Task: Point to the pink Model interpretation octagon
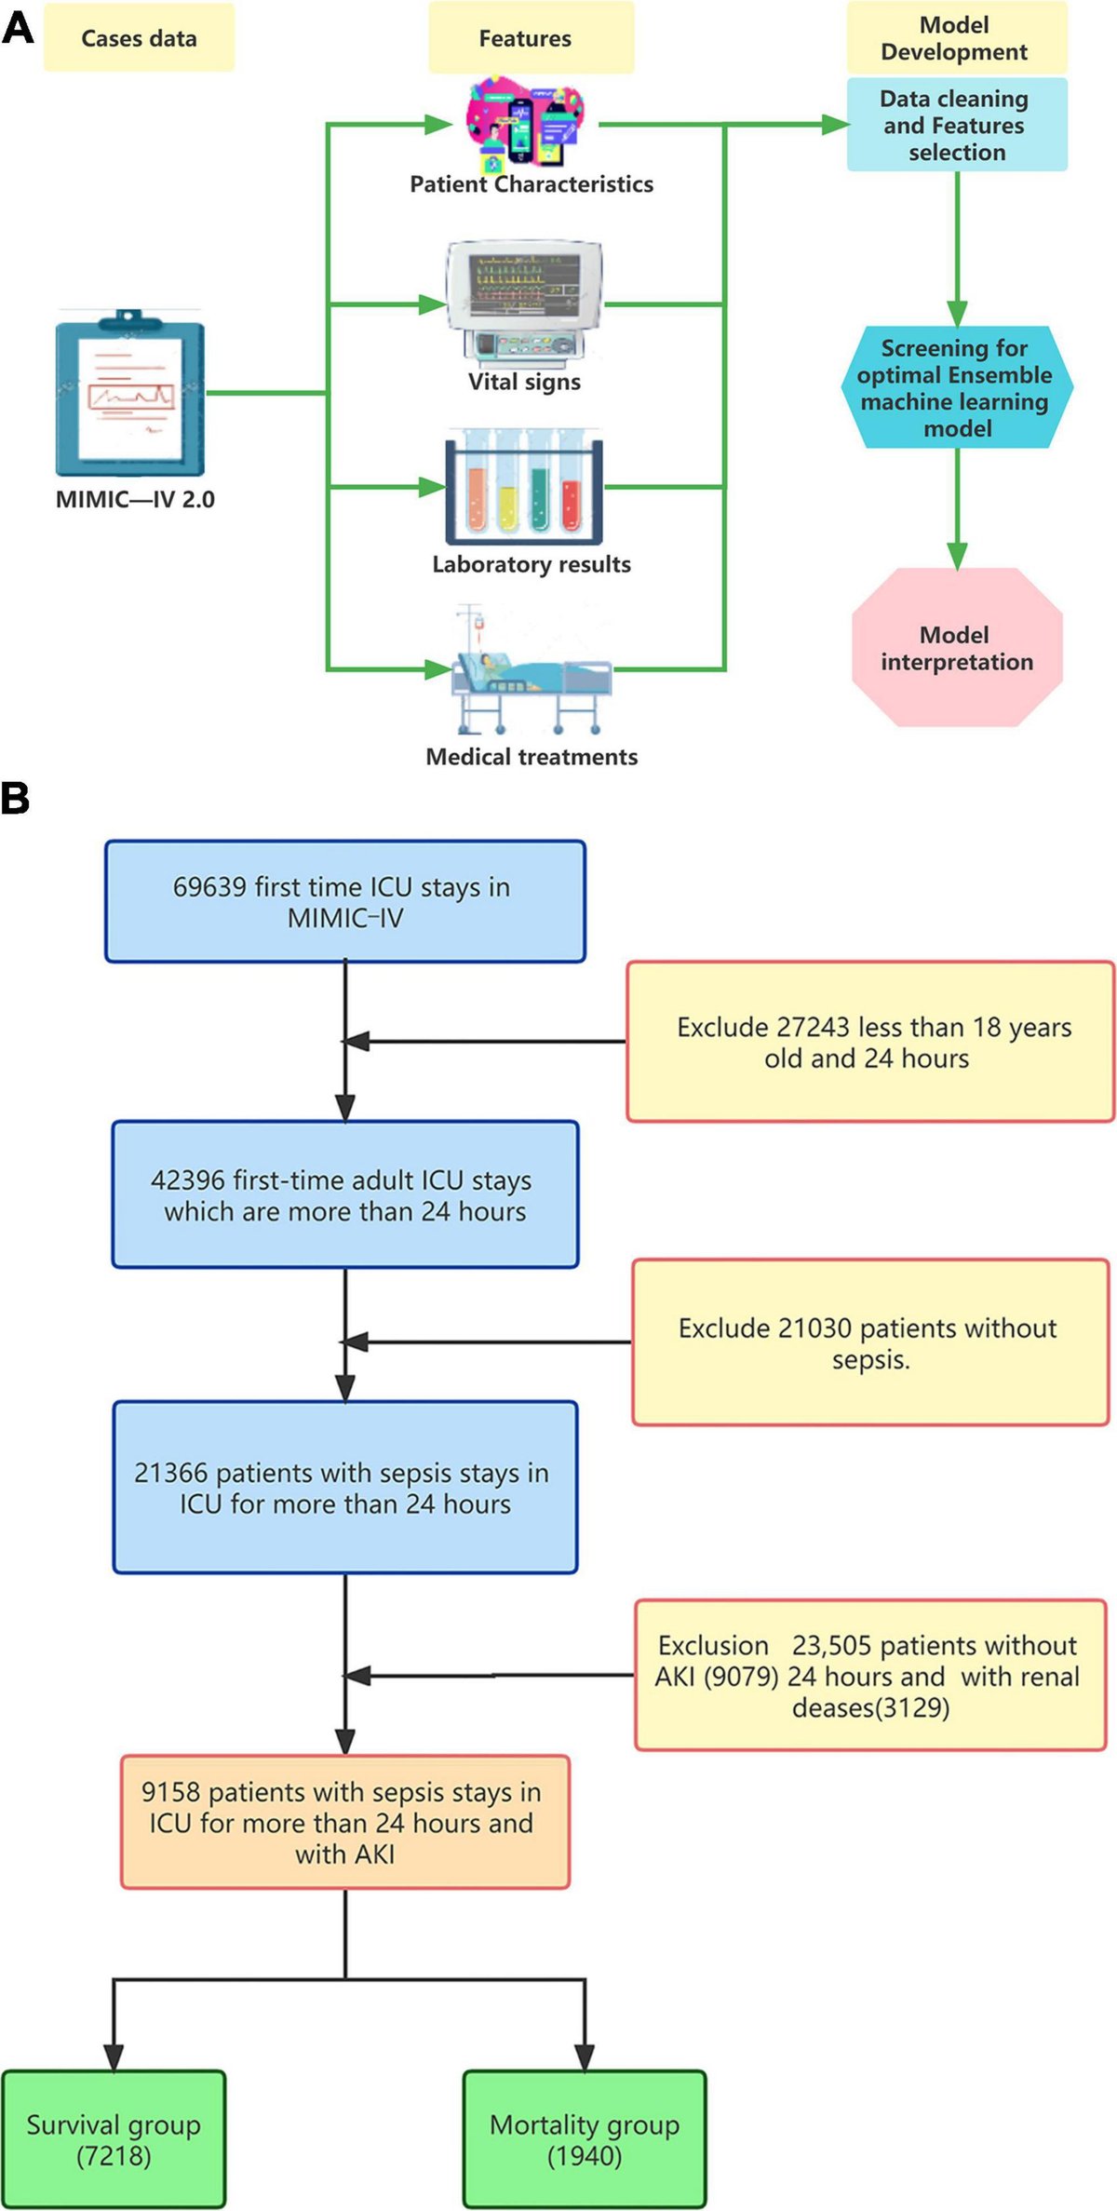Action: point(957,648)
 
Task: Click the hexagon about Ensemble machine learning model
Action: point(957,387)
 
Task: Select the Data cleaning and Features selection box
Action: point(957,125)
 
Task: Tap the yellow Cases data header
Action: point(139,38)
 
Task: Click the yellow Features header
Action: point(526,38)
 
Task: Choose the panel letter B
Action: point(15,799)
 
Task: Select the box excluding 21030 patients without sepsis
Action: point(870,1341)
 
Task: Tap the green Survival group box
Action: point(114,2138)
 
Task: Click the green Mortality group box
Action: point(585,2138)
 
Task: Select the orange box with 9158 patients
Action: point(344,1822)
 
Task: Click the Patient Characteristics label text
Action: point(532,184)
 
